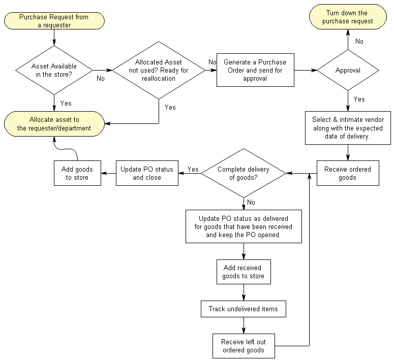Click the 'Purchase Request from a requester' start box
coord(54,21)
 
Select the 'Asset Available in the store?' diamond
coord(54,71)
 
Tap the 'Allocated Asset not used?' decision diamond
coord(159,71)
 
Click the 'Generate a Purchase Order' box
coord(255,70)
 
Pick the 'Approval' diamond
coord(348,71)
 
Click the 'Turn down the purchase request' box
coord(348,17)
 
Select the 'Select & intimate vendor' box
coord(348,128)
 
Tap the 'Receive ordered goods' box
coord(348,173)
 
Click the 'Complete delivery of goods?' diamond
coord(244,173)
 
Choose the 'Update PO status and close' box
coord(147,173)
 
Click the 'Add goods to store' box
coord(77,173)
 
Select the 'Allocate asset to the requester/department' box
coord(54,124)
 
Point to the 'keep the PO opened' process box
coord(244,226)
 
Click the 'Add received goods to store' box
coord(244,272)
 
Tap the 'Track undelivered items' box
coord(244,309)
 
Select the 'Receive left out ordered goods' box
coord(244,345)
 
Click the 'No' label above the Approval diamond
coord(359,41)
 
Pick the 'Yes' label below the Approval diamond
coord(359,99)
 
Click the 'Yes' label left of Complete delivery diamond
coord(193,169)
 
